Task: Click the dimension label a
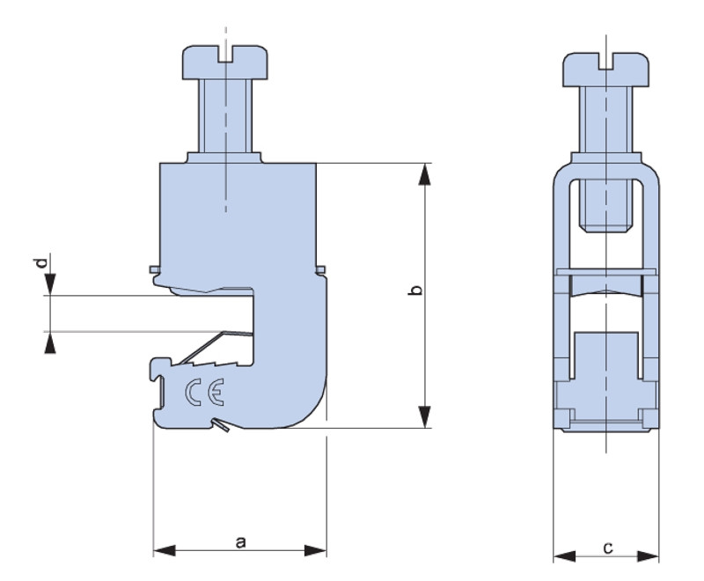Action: point(240,542)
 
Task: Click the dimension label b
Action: point(417,290)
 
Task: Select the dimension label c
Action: point(607,548)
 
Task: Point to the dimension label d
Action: point(40,262)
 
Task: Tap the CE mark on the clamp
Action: point(205,392)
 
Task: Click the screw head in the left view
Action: point(225,63)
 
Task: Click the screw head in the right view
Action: point(606,70)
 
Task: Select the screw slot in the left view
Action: point(225,54)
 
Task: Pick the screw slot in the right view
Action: point(606,61)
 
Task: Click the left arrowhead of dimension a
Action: point(165,550)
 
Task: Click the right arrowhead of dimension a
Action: point(316,550)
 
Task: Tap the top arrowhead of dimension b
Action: point(424,174)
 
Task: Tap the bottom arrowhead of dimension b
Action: point(424,417)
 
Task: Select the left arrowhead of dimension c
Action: point(564,556)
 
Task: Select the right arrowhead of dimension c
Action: point(649,556)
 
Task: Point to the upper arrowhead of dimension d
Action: point(50,284)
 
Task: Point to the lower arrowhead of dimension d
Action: point(50,342)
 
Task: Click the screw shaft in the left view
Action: point(225,116)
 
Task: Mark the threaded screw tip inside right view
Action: point(606,206)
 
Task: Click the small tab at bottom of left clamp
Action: point(221,425)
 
